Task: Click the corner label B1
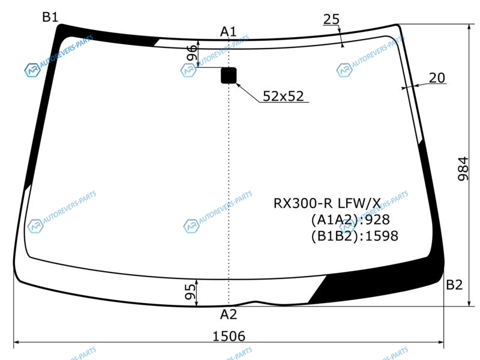tap(50, 17)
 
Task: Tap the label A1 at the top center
tap(229, 32)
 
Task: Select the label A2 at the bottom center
tap(229, 314)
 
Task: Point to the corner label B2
tap(454, 284)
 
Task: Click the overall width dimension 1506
tap(229, 336)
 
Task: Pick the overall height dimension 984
tap(463, 169)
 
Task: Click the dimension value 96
tap(191, 53)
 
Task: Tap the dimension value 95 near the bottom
tap(190, 292)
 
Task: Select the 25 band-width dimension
tap(332, 19)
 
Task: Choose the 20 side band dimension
tap(437, 78)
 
